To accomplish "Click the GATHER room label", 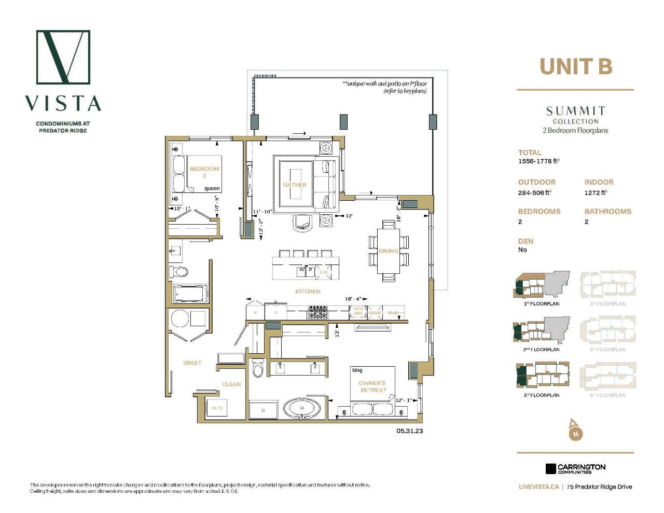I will tap(295, 185).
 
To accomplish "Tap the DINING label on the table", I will tap(388, 251).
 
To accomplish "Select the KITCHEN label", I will tap(308, 292).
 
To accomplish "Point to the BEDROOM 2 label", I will tap(204, 172).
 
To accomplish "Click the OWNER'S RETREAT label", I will tap(372, 386).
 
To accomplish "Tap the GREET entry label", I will tap(192, 363).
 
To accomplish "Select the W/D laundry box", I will tap(217, 408).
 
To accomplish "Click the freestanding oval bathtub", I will tap(302, 408).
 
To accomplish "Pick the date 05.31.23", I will tap(410, 431).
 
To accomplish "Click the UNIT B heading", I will tap(576, 67).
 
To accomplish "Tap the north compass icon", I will tap(575, 430).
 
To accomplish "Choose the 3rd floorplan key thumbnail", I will tap(542, 376).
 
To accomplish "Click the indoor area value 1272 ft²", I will tap(596, 192).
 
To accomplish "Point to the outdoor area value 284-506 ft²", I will tap(535, 192).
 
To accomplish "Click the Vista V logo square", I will tap(63, 57).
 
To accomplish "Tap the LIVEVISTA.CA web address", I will tap(538, 487).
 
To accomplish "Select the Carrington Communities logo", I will tap(575, 469).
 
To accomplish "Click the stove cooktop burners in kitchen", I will tap(317, 312).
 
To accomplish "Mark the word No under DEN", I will tap(522, 250).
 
